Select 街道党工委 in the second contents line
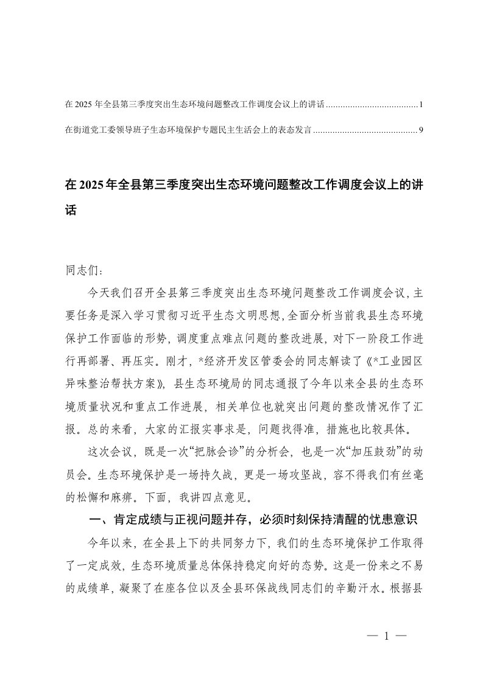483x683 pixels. coord(91,130)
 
